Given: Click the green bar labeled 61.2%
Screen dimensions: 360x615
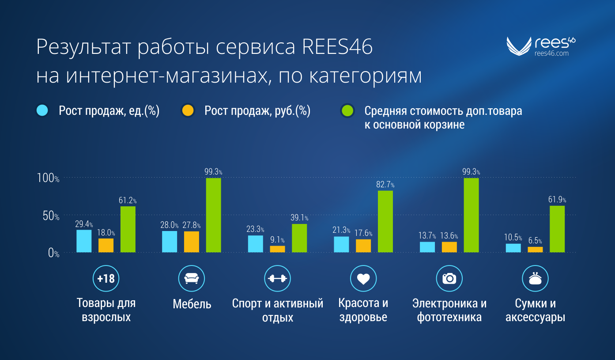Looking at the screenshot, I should click(128, 229).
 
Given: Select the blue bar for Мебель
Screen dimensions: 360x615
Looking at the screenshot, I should click(170, 242).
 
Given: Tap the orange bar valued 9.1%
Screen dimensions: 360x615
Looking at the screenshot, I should click(277, 249).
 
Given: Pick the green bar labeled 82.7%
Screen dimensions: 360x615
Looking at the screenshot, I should click(385, 221).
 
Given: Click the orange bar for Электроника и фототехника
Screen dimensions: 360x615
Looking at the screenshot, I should click(449, 247).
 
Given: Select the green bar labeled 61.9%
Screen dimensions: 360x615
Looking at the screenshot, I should click(557, 229).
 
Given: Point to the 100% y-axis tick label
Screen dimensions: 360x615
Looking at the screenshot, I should click(48, 178).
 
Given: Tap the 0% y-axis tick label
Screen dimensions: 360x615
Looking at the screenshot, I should click(53, 253).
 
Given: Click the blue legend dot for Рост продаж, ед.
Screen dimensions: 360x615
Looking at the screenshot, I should click(42, 110).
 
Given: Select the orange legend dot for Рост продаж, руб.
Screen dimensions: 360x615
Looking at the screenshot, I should click(188, 110).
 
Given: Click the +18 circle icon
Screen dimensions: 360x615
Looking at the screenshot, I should click(106, 278).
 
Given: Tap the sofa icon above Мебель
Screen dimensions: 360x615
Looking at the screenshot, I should click(191, 278).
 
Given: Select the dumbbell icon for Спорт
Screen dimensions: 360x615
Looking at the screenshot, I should click(277, 278).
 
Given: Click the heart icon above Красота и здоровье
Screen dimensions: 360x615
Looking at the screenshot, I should click(363, 278).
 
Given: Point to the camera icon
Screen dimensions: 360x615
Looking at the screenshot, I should click(449, 278).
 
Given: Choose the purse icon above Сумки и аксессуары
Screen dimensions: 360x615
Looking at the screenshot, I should click(535, 278).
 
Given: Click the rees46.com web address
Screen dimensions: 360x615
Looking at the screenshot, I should click(551, 53).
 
